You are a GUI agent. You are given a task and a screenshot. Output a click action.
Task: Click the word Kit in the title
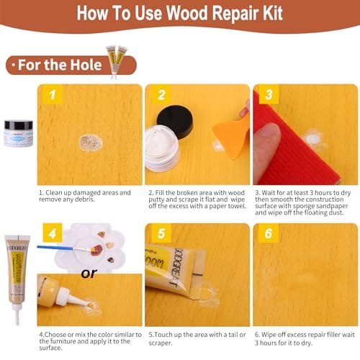[272, 13]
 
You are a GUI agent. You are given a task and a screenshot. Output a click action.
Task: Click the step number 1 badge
[53, 95]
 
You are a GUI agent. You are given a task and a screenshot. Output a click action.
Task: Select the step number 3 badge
[269, 94]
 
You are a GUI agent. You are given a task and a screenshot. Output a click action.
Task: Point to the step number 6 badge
[269, 233]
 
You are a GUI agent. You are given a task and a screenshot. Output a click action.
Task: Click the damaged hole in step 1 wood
[91, 143]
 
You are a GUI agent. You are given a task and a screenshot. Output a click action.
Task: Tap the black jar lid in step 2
[175, 122]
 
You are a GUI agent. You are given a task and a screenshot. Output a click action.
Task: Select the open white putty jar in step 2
[162, 148]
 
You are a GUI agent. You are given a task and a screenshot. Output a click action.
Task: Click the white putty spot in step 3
[312, 139]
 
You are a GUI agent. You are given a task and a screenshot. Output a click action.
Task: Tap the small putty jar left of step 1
[19, 133]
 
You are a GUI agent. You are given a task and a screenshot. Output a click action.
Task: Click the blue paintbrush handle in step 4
[55, 247]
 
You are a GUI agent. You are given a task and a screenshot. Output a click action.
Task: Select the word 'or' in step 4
[89, 274]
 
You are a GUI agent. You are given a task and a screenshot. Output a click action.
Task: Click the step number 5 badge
[161, 233]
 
